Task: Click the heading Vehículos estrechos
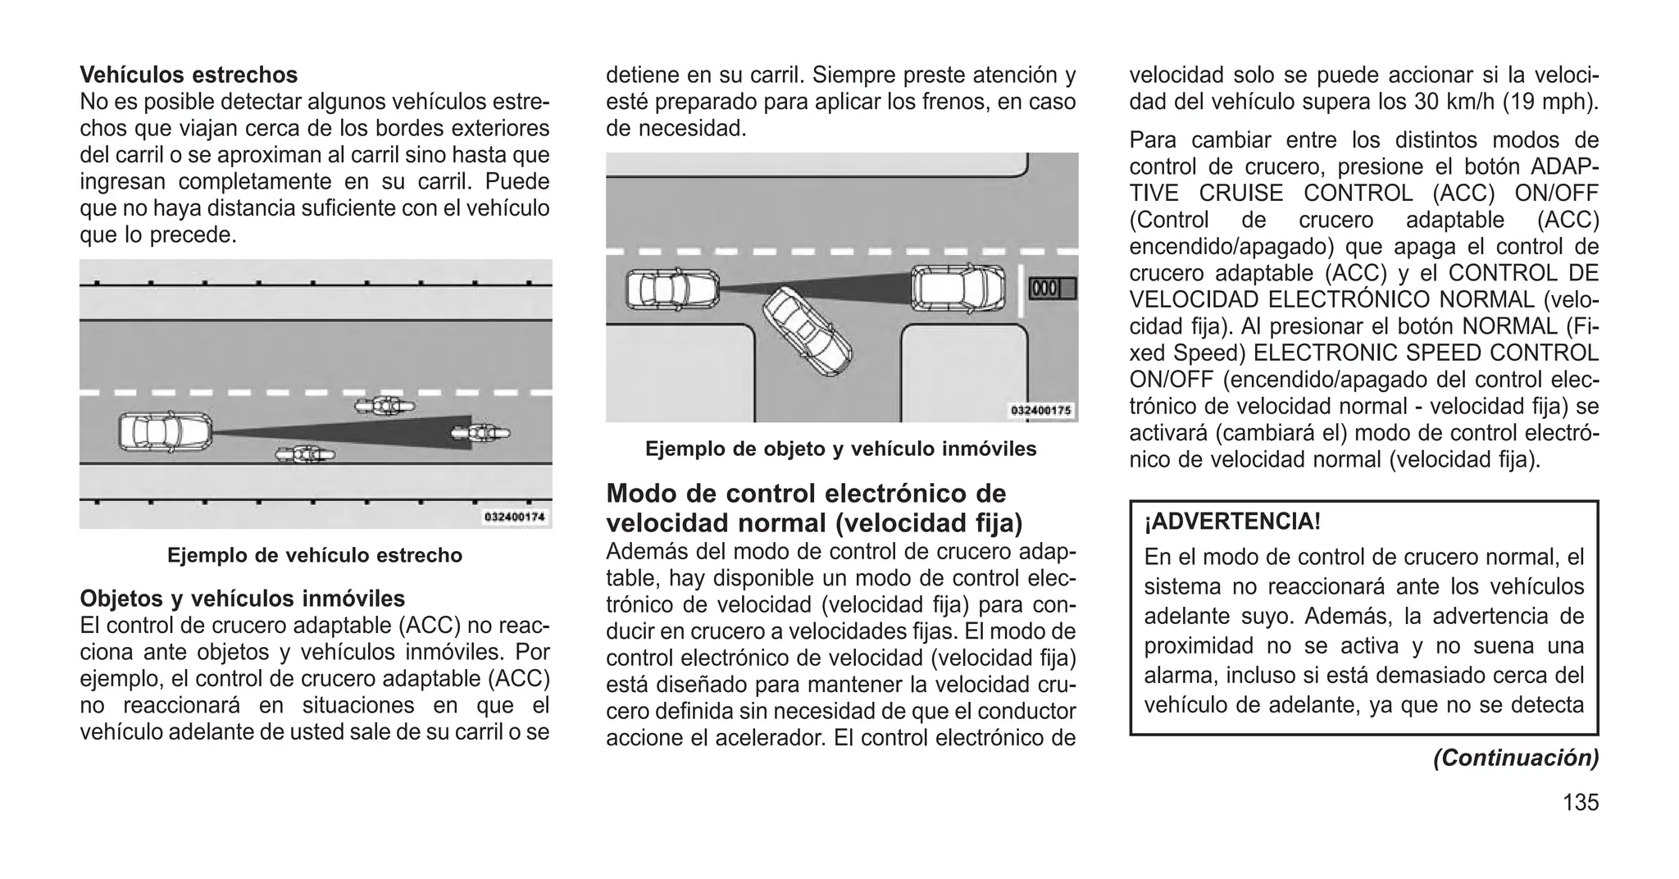[189, 75]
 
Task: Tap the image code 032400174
[515, 517]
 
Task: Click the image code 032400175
[1041, 411]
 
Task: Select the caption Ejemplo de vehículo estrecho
[315, 555]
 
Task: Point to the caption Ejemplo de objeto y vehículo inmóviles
[840, 449]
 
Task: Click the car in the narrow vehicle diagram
[165, 432]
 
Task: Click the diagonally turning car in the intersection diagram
[808, 331]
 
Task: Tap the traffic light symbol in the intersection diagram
[1052, 289]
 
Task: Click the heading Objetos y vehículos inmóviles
[242, 599]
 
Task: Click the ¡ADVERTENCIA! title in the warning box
[1232, 521]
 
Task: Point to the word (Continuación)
[1515, 758]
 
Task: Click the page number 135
[1580, 803]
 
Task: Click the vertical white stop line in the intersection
[1020, 291]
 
